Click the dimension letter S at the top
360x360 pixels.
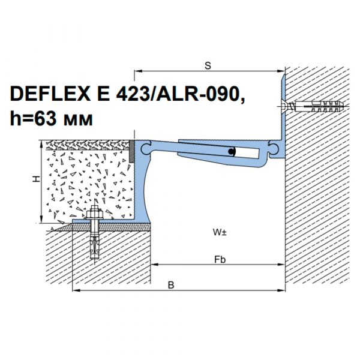208,65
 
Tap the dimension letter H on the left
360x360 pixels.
36,179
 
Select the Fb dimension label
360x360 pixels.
220,260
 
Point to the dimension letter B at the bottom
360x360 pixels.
171,285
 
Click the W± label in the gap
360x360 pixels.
220,232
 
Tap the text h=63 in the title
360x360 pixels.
34,119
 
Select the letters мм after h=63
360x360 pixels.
78,121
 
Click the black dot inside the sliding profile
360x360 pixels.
231,151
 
